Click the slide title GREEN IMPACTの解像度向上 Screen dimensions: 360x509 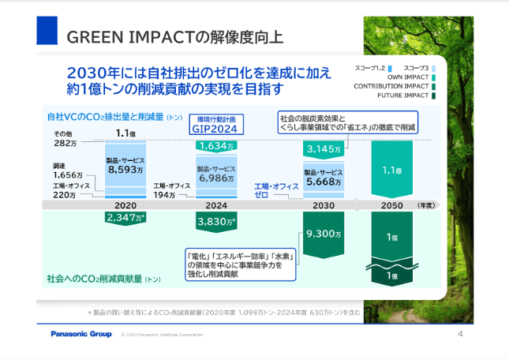coord(176,36)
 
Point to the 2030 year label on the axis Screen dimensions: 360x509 coord(324,204)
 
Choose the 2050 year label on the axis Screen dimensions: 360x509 coord(392,204)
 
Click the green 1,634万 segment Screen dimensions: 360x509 coord(216,146)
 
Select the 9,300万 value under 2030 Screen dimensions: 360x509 coord(324,234)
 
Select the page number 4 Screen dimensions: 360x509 coord(460,334)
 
